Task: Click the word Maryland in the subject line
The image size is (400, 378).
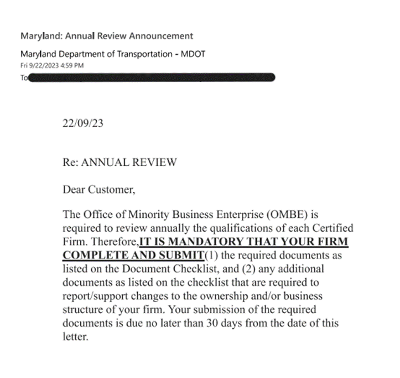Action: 41,36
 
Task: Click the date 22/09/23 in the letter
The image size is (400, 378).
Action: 83,123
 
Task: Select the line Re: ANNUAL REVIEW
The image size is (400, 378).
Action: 120,162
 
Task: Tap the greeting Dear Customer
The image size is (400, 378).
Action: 98,190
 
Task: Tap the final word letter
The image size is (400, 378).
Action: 75,336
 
